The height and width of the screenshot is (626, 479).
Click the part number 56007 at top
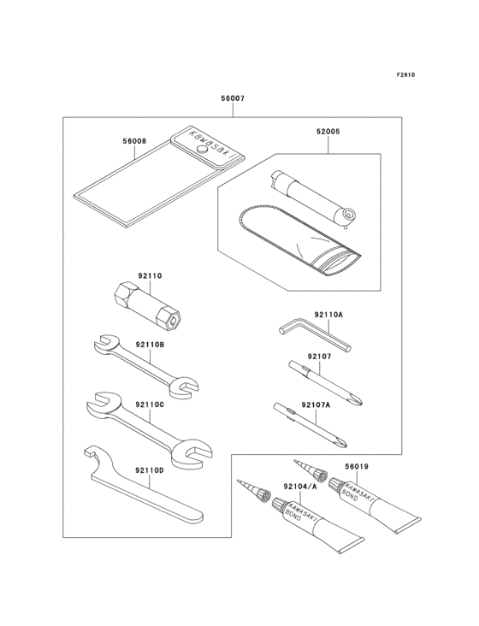point(233,98)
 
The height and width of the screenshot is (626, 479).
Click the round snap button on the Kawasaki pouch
point(202,149)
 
